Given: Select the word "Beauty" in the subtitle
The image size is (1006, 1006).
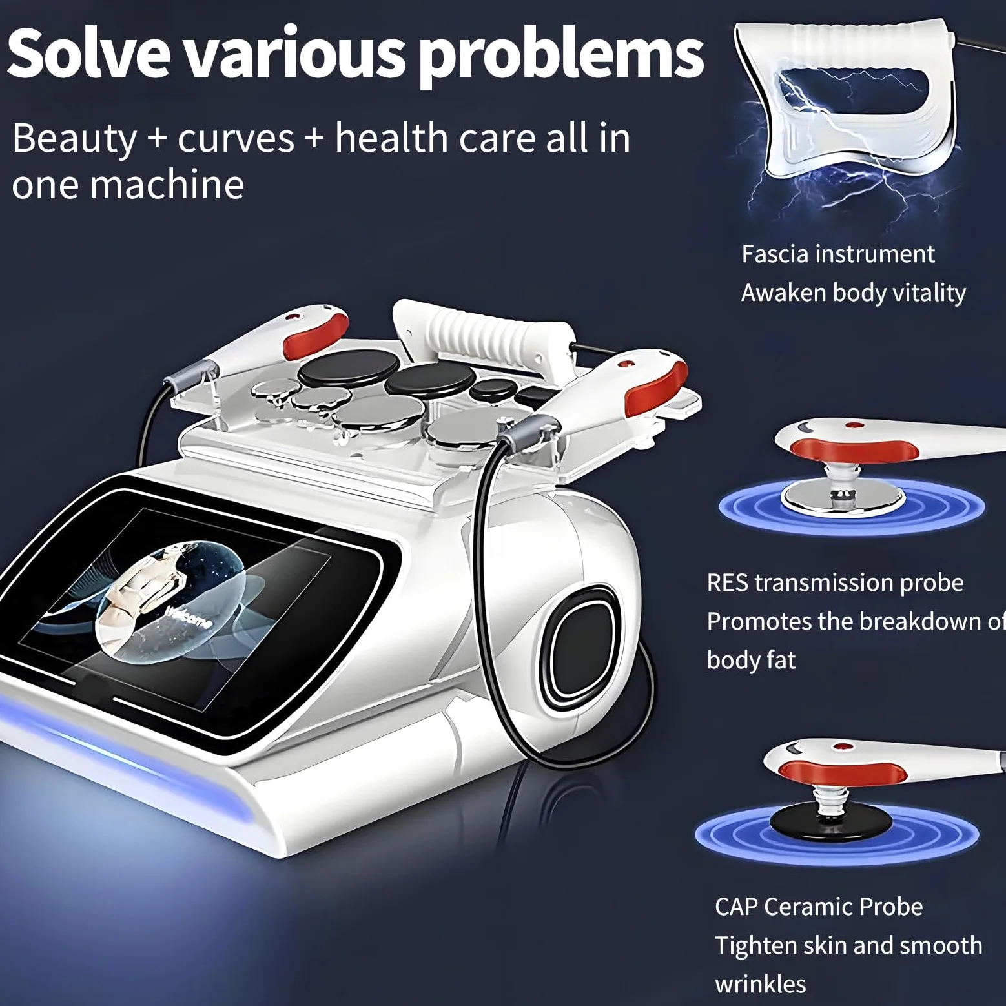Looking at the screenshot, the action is [x=75, y=139].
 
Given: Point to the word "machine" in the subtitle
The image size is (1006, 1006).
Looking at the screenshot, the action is [x=167, y=185].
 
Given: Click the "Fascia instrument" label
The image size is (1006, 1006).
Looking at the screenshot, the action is [x=837, y=254].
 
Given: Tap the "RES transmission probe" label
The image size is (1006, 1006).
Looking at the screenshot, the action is [x=835, y=582].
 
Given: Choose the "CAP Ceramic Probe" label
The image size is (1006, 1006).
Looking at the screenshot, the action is [x=819, y=907].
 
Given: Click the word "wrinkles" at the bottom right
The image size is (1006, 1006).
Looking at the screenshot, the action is [x=761, y=984].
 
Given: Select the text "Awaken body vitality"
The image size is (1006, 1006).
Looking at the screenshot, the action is [x=853, y=293].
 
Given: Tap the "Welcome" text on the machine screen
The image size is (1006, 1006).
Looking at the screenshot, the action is [x=189, y=617].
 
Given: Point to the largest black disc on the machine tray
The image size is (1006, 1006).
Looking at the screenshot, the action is [x=335, y=371].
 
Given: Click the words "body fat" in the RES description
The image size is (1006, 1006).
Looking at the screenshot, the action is [x=751, y=661].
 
